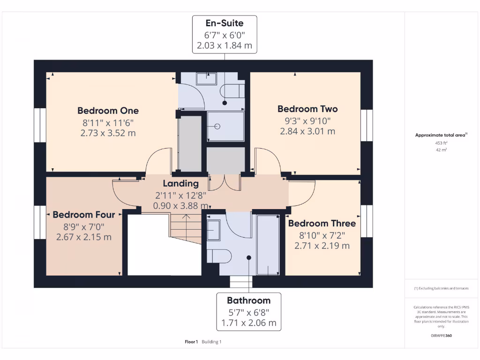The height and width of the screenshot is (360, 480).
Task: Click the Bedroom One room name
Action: pos(108,111)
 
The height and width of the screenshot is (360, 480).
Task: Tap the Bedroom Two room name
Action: pos(307,109)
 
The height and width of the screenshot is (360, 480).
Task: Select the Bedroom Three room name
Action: pos(322,223)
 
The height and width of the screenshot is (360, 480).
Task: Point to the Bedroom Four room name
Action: pos(84,215)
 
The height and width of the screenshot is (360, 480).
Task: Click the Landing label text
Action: pos(181,184)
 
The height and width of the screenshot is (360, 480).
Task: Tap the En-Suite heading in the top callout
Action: pos(225,22)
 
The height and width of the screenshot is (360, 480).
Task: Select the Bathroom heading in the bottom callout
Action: pos(249,300)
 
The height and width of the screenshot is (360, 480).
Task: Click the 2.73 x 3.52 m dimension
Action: pos(108,133)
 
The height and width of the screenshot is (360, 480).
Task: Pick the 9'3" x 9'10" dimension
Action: pos(307,120)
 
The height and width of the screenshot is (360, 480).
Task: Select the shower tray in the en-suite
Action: pos(225,126)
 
